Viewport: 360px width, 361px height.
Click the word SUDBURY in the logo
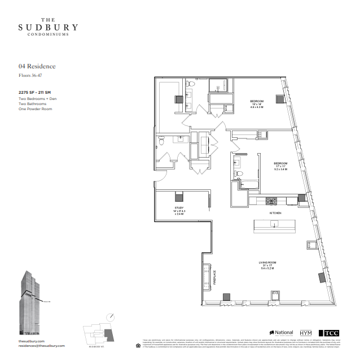(48, 27)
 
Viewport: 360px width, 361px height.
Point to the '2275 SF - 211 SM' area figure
(34, 92)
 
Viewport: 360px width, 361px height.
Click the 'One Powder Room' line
(35, 109)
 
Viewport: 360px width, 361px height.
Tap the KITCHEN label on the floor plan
(275, 213)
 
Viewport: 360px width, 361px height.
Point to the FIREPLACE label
(214, 279)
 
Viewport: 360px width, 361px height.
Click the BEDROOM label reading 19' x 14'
(257, 102)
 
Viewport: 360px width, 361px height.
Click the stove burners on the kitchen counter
(271, 201)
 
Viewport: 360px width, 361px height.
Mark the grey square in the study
(179, 197)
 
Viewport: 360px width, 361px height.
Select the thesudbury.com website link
(31, 341)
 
